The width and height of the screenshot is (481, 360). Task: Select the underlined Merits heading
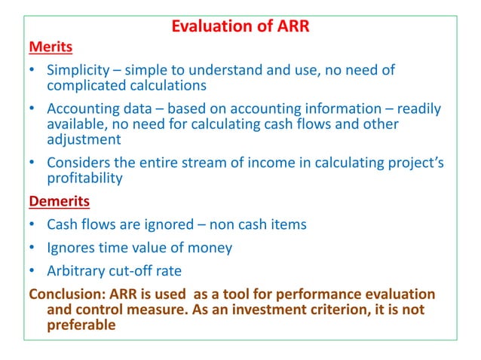[x=51, y=47]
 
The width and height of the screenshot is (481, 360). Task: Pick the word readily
[x=417, y=109]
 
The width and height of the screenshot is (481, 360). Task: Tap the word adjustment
[x=85, y=139]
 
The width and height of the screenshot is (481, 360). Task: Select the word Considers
[x=78, y=162]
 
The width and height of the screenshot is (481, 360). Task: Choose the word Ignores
[x=72, y=247]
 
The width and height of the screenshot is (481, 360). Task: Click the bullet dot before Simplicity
[x=32, y=71]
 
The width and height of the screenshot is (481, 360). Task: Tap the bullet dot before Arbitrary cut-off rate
[x=32, y=270]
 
